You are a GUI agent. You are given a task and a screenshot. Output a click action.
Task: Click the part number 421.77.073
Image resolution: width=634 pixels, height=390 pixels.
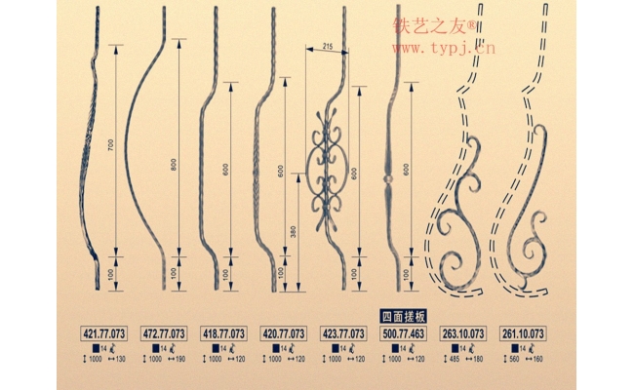pyautogui.click(x=104, y=332)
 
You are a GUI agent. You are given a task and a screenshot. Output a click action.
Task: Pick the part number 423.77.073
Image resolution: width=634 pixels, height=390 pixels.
pyautogui.click(x=343, y=332)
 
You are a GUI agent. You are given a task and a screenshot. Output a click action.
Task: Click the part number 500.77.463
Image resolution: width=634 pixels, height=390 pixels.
pyautogui.click(x=403, y=332)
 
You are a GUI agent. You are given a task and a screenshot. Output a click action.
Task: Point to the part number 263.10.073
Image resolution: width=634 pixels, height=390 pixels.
pyautogui.click(x=463, y=332)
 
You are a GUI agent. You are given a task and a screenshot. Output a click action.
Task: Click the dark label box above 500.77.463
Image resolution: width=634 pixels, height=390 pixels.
pyautogui.click(x=403, y=317)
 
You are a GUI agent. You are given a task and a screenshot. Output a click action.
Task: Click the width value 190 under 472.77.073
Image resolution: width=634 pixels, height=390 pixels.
pyautogui.click(x=179, y=360)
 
